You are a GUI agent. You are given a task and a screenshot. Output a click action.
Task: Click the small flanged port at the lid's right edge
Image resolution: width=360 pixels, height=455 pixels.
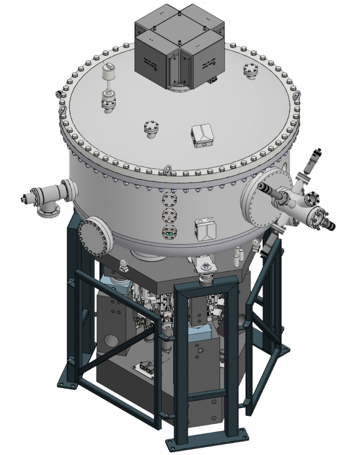pos(250,72)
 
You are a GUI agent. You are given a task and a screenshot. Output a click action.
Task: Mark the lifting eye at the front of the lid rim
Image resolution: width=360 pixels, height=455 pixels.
pos(168,171)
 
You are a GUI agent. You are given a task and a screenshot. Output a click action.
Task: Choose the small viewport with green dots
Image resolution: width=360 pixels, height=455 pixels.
pos(169,232)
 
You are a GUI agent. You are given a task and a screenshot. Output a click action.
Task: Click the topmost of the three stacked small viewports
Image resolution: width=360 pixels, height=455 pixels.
pos(169,199)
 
